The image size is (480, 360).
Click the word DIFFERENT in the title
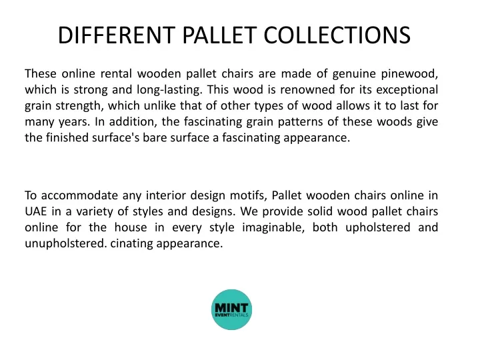pyautogui.click(x=117, y=35)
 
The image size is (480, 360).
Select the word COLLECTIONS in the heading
pyautogui.click(x=337, y=35)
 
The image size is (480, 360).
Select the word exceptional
pyautogui.click(x=407, y=90)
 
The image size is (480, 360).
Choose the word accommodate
pyautogui.click(x=79, y=195)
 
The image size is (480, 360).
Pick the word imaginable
pyautogui.click(x=273, y=228)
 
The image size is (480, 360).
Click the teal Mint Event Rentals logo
pyautogui.click(x=232, y=309)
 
